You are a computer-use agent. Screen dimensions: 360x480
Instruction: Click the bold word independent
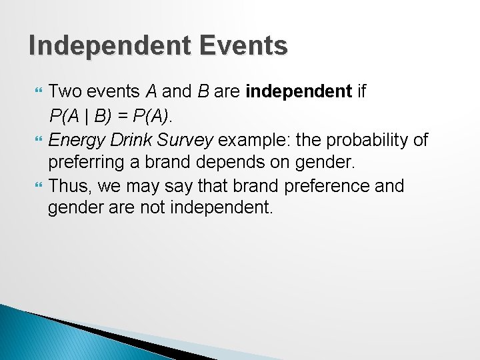[298, 91]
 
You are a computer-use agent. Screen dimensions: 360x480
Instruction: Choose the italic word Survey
[189, 140]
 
